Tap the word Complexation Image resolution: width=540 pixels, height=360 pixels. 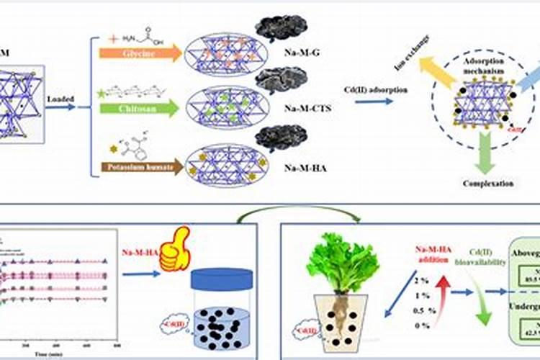click(x=488, y=184)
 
